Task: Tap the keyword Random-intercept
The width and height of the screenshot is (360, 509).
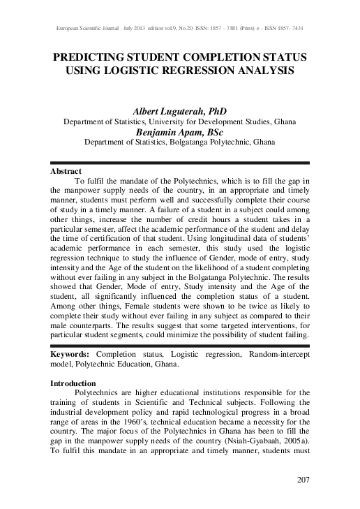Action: (x=278, y=354)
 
